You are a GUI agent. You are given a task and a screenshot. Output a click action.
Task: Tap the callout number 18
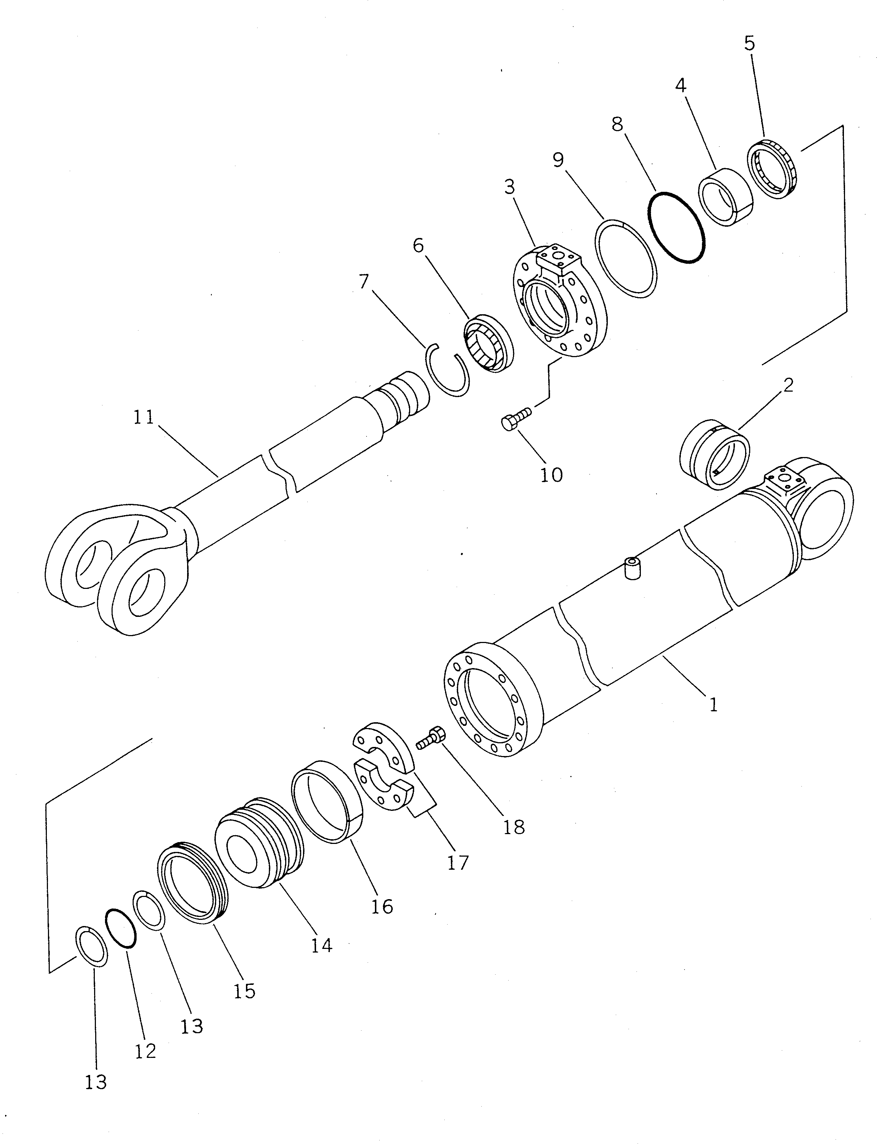pos(514,827)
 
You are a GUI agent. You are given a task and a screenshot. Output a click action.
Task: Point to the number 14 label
pos(322,945)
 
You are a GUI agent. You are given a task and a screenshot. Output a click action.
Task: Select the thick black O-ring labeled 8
pos(676,227)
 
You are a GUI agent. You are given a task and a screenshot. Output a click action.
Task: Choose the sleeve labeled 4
pos(726,197)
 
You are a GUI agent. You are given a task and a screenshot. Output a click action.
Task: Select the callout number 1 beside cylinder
pos(713,705)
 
